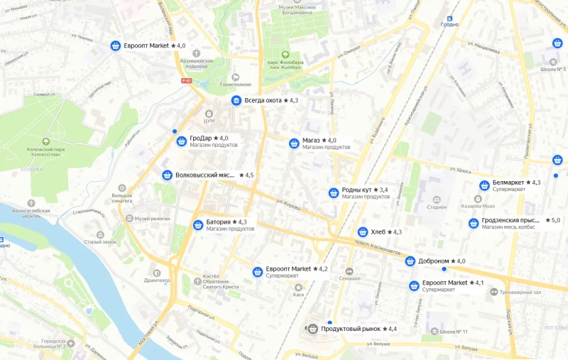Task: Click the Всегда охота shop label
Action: click(x=263, y=101)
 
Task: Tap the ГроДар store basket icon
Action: click(x=182, y=141)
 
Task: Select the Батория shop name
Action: click(x=218, y=222)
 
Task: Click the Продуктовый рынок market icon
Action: click(x=312, y=329)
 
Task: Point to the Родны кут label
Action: click(x=356, y=190)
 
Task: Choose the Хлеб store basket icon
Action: click(x=363, y=232)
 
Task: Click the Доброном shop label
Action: click(x=433, y=261)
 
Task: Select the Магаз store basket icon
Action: click(x=294, y=143)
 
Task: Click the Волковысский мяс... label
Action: click(x=205, y=175)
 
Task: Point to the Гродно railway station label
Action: click(x=450, y=24)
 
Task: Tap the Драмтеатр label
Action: click(x=158, y=280)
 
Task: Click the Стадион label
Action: click(x=437, y=207)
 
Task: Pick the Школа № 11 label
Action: click(x=454, y=332)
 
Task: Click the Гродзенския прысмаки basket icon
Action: click(x=474, y=224)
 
